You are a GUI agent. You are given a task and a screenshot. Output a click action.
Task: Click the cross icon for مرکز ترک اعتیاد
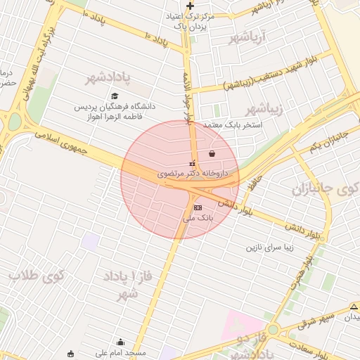[190, 6]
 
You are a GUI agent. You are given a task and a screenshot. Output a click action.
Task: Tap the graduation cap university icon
[115, 96]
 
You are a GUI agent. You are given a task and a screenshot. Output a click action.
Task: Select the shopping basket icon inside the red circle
[212, 153]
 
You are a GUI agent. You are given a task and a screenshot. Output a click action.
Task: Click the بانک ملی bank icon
[198, 207]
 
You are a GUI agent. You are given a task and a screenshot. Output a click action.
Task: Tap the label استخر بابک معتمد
[232, 124]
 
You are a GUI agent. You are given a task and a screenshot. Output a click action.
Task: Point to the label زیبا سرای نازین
[274, 247]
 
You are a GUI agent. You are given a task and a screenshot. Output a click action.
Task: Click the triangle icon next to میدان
[354, 306]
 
